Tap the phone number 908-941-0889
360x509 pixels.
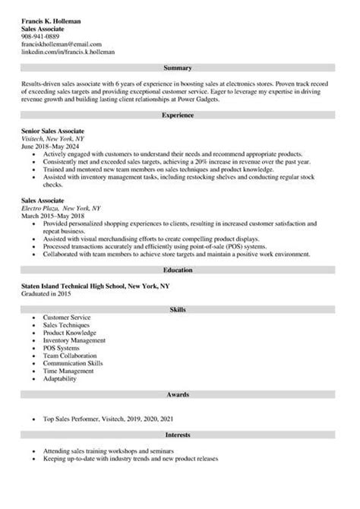tap(40, 36)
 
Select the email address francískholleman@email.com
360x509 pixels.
tap(61, 44)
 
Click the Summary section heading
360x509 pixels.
tap(179, 68)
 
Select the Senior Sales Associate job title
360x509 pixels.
tap(52, 131)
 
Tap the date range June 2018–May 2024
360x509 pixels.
tap(52, 147)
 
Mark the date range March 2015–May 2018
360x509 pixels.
tap(54, 215)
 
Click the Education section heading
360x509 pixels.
tap(179, 270)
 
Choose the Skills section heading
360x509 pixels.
tap(179, 310)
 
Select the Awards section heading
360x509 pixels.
tap(179, 395)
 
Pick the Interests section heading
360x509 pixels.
tap(179, 434)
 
